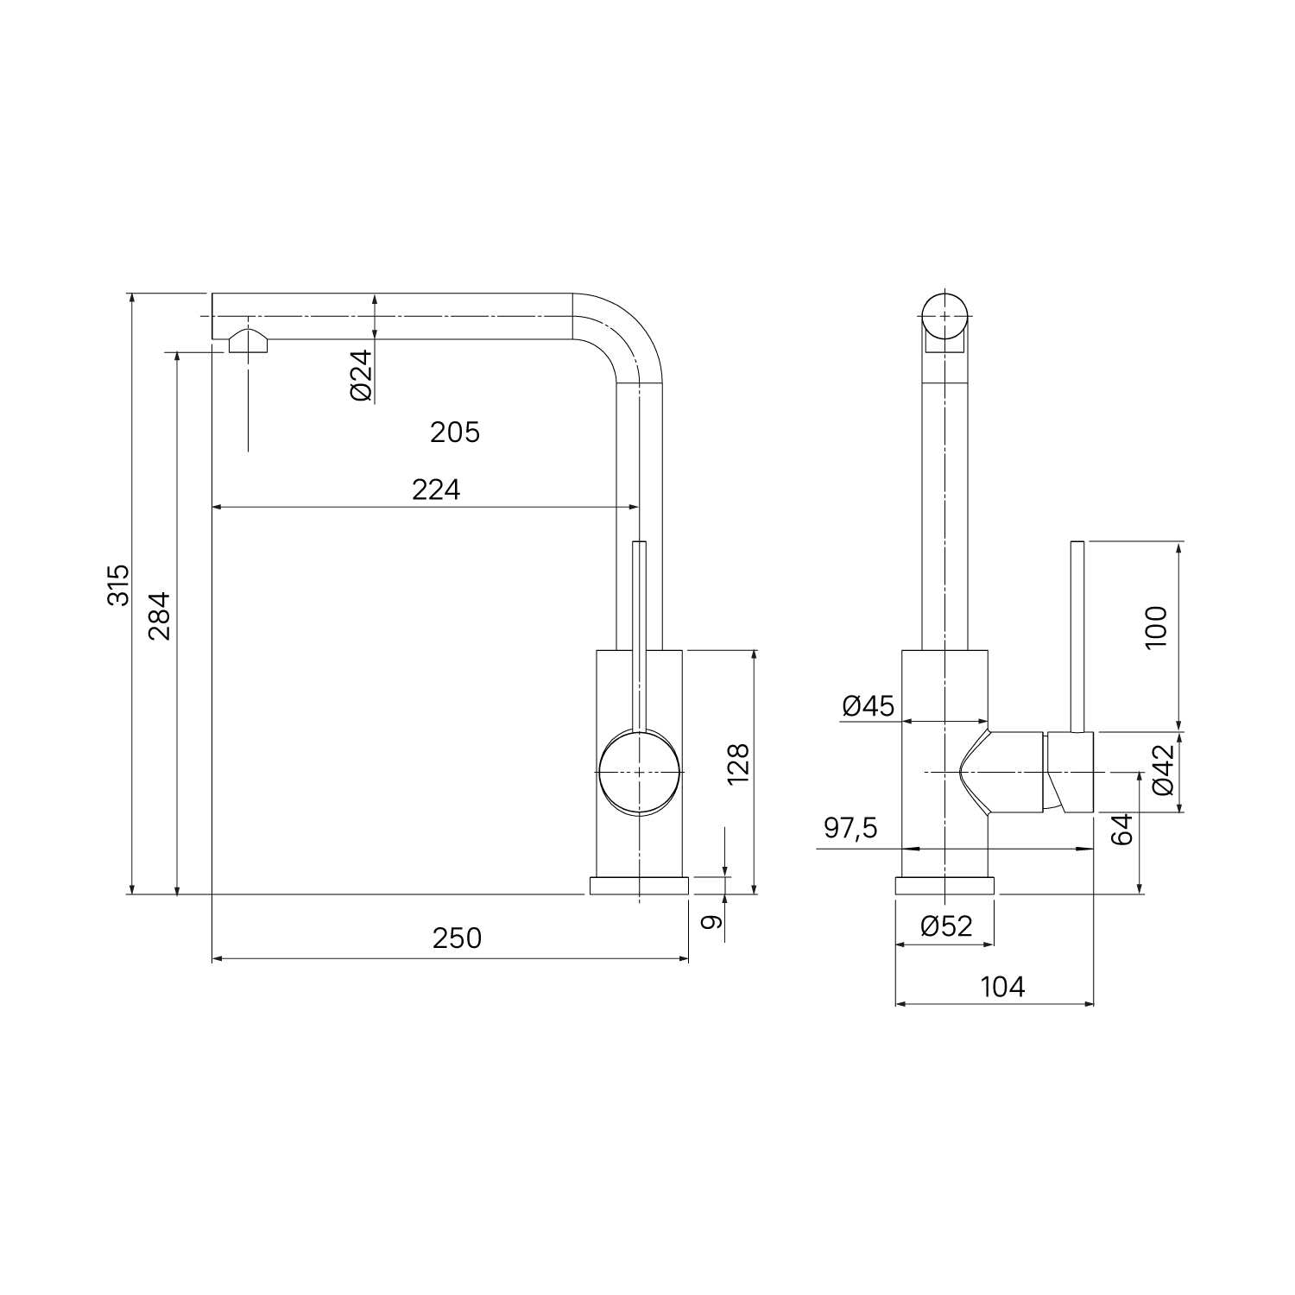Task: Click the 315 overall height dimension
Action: (x=118, y=584)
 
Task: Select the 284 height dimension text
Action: (x=159, y=615)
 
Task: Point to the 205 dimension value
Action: (x=455, y=432)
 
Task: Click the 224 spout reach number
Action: (x=436, y=490)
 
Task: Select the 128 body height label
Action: (x=738, y=764)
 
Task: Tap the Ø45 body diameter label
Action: (x=868, y=706)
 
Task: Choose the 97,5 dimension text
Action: (x=850, y=828)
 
